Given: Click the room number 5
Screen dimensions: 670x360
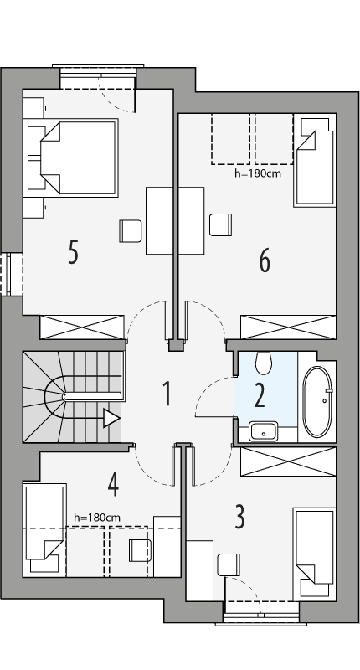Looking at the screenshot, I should (74, 251).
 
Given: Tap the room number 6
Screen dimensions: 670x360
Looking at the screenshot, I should (265, 261).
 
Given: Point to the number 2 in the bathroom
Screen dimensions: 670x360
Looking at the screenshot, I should (260, 394).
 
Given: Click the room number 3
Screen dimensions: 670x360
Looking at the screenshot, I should (239, 517).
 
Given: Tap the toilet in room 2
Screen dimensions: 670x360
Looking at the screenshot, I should (264, 363).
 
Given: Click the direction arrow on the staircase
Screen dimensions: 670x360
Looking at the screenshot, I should (111, 418).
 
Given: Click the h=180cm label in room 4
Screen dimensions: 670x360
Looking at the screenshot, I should (96, 518).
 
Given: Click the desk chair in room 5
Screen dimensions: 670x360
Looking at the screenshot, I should (130, 230).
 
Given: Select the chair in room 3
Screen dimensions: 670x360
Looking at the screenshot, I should (228, 564).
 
